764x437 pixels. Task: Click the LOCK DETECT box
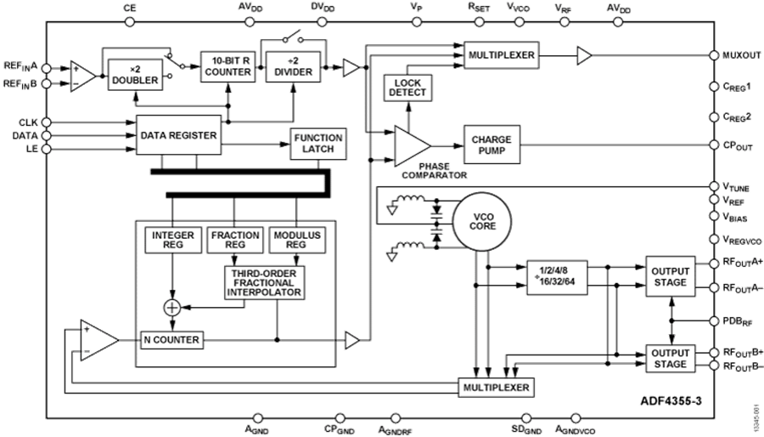click(408, 87)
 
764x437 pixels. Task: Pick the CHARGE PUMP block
click(492, 142)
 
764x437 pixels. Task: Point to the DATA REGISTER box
click(179, 135)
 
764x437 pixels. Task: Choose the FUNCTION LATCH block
click(317, 143)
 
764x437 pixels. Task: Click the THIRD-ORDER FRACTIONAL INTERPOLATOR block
click(264, 281)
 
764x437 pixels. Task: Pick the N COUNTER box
click(171, 340)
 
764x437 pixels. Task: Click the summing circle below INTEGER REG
click(172, 307)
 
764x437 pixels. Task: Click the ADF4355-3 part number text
click(668, 398)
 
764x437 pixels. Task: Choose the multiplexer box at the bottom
click(496, 388)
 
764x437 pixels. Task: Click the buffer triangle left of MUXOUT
click(584, 56)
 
